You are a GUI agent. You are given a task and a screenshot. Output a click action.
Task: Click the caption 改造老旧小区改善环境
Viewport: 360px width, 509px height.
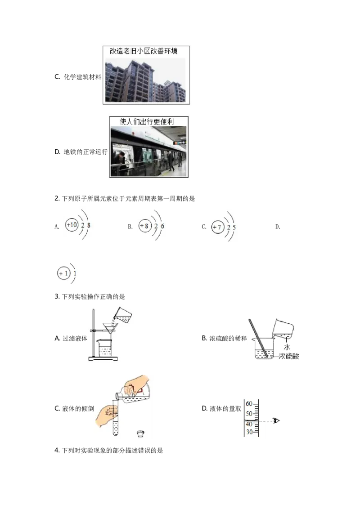point(147,51)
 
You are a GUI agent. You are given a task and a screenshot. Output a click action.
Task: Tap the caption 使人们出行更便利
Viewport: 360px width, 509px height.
point(147,121)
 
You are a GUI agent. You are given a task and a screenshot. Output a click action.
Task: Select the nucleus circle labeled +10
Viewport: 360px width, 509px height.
point(72,225)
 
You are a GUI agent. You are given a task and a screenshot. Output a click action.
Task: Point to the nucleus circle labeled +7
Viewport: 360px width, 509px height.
point(218,228)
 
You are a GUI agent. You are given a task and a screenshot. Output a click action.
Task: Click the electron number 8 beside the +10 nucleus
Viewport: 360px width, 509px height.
point(89,225)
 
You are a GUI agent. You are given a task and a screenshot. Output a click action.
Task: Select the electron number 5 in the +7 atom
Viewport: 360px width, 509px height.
point(234,228)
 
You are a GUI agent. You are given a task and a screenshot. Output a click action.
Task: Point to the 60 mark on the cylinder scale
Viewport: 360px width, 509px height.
point(248,404)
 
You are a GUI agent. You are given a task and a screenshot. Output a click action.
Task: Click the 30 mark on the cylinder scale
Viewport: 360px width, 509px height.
point(248,432)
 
